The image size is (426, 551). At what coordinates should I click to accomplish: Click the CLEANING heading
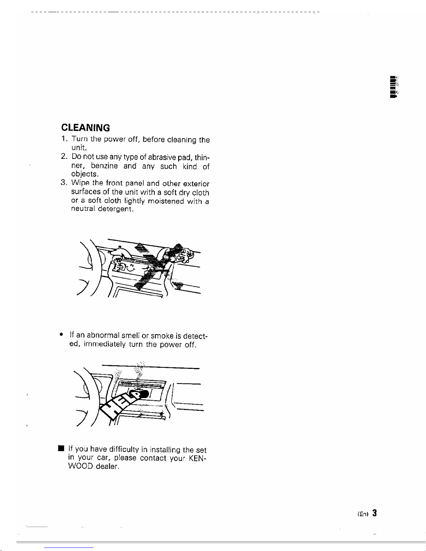(86, 128)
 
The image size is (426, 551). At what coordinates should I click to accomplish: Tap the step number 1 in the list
(63, 138)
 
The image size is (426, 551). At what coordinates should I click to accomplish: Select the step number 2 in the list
(64, 156)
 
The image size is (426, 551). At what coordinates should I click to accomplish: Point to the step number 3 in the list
(63, 182)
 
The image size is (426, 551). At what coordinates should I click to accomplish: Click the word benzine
(104, 166)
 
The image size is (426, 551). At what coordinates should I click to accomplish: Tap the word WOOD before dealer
(80, 466)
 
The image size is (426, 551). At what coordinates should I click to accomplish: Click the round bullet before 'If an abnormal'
(61, 334)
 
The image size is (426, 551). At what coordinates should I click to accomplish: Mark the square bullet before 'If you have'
(61, 448)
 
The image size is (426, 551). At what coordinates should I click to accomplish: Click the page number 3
(375, 513)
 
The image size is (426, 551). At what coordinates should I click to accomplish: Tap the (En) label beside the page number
(363, 514)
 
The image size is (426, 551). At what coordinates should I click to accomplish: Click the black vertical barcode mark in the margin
(394, 87)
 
